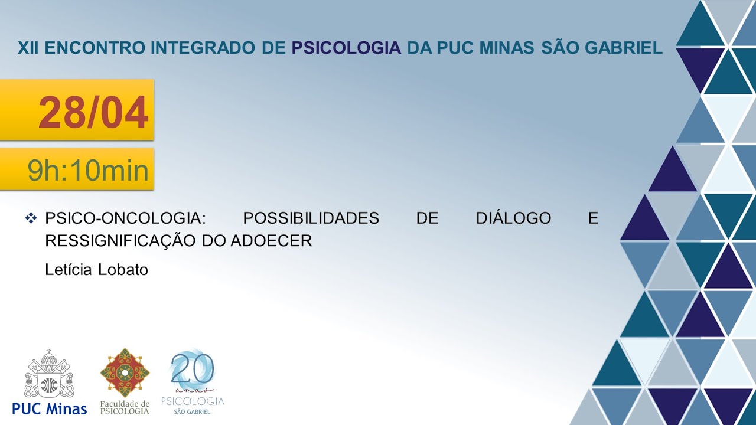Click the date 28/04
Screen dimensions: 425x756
[93, 113]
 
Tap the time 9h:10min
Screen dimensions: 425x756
[88, 171]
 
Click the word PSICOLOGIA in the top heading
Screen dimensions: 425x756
[347, 48]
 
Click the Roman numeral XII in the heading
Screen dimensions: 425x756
[28, 48]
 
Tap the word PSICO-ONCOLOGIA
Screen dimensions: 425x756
[125, 218]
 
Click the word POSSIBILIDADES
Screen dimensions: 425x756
[311, 218]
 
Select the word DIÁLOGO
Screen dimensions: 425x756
[513, 218]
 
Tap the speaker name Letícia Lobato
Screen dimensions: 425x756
[96, 270]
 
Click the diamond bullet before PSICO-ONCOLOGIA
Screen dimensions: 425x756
[31, 218]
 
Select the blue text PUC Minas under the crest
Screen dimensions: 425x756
[50, 408]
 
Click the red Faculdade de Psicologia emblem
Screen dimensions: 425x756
[125, 372]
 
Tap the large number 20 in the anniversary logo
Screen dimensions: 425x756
[193, 370]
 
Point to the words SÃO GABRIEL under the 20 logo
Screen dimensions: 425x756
[193, 411]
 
